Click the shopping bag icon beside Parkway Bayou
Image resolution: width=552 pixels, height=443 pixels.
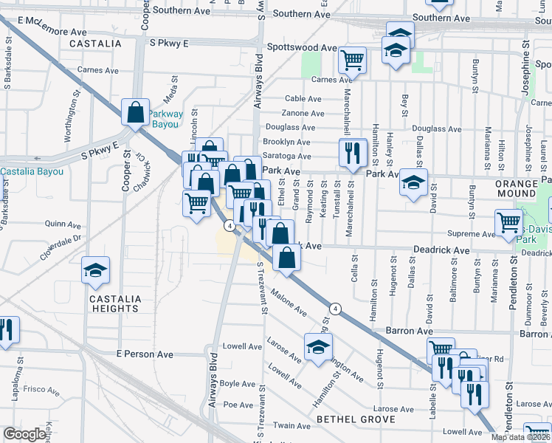coord(136,112)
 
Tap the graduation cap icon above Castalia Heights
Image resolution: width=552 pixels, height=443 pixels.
coord(95,270)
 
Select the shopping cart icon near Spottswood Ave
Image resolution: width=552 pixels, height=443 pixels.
coord(353,58)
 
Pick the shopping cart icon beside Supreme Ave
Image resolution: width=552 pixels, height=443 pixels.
coord(509,222)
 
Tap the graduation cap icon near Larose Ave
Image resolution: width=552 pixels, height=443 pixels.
coord(318,347)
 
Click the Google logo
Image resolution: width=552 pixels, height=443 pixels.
coord(24,434)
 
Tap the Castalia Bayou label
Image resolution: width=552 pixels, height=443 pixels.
coord(32,171)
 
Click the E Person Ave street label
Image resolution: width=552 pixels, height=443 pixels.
coord(145,354)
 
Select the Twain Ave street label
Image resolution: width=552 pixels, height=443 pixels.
coord(291,426)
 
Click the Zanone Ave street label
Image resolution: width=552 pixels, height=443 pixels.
coord(303,113)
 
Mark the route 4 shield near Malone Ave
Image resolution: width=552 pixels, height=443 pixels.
coord(335,308)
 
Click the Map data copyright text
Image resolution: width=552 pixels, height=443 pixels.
coord(521,437)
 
